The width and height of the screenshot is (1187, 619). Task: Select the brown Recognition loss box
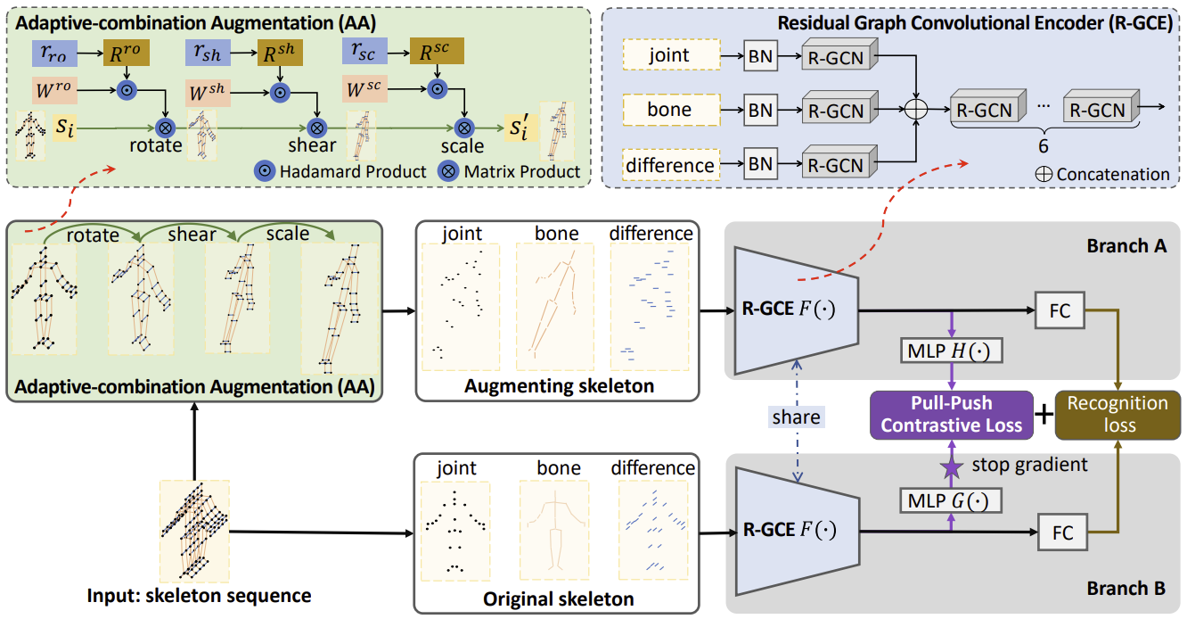point(1118,414)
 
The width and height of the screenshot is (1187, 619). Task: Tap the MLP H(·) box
point(952,351)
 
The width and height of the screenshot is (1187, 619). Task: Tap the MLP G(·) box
point(952,499)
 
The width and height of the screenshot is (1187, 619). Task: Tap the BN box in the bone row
point(760,111)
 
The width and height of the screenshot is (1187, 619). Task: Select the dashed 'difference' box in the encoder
point(668,165)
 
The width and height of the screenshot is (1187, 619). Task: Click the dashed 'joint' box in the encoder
point(668,56)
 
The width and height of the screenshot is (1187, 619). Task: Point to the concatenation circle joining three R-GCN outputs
point(917,110)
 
